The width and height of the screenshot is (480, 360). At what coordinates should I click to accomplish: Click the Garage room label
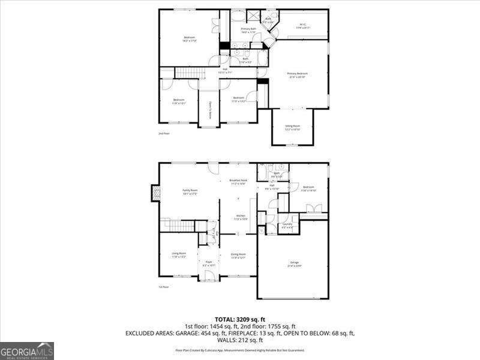pyautogui.click(x=295, y=265)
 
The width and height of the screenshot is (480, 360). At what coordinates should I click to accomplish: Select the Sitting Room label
pyautogui.click(x=292, y=127)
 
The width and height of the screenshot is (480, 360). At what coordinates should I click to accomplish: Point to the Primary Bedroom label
pyautogui.click(x=298, y=74)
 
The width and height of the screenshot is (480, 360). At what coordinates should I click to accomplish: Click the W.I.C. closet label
pyautogui.click(x=302, y=26)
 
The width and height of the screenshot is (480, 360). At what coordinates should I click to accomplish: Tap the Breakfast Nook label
pyautogui.click(x=238, y=181)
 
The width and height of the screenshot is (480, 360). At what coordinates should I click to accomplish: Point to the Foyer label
pyautogui.click(x=209, y=263)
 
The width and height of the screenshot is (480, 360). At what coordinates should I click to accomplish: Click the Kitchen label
pyautogui.click(x=240, y=217)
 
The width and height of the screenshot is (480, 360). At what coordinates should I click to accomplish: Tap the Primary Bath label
pyautogui.click(x=248, y=30)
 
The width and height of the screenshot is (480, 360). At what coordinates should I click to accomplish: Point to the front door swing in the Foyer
pyautogui.click(x=209, y=275)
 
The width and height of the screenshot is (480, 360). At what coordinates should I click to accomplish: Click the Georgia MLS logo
pyautogui.click(x=27, y=350)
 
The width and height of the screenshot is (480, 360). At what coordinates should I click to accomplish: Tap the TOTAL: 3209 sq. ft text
pyautogui.click(x=239, y=319)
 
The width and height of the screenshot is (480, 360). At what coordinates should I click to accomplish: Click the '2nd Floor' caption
pyautogui.click(x=164, y=133)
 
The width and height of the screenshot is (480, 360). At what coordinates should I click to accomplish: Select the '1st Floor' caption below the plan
pyautogui.click(x=164, y=287)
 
